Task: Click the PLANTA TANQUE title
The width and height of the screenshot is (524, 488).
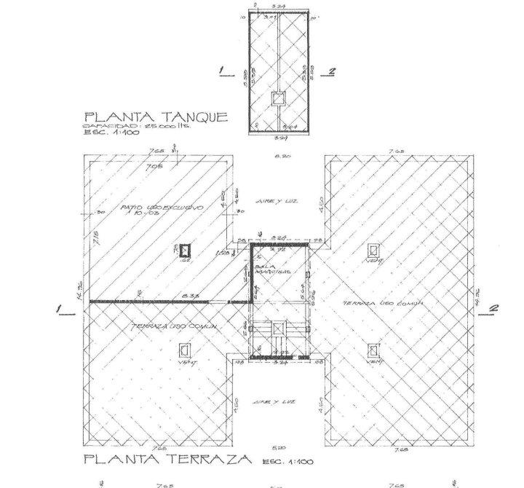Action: click(156, 117)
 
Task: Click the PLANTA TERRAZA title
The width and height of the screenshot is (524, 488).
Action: click(167, 460)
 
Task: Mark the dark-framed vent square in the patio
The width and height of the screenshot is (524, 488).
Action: click(185, 251)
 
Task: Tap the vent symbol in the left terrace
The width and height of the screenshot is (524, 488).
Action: click(183, 349)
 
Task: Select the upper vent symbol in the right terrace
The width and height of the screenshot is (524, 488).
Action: click(373, 249)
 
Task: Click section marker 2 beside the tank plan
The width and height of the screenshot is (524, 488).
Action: click(332, 71)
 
